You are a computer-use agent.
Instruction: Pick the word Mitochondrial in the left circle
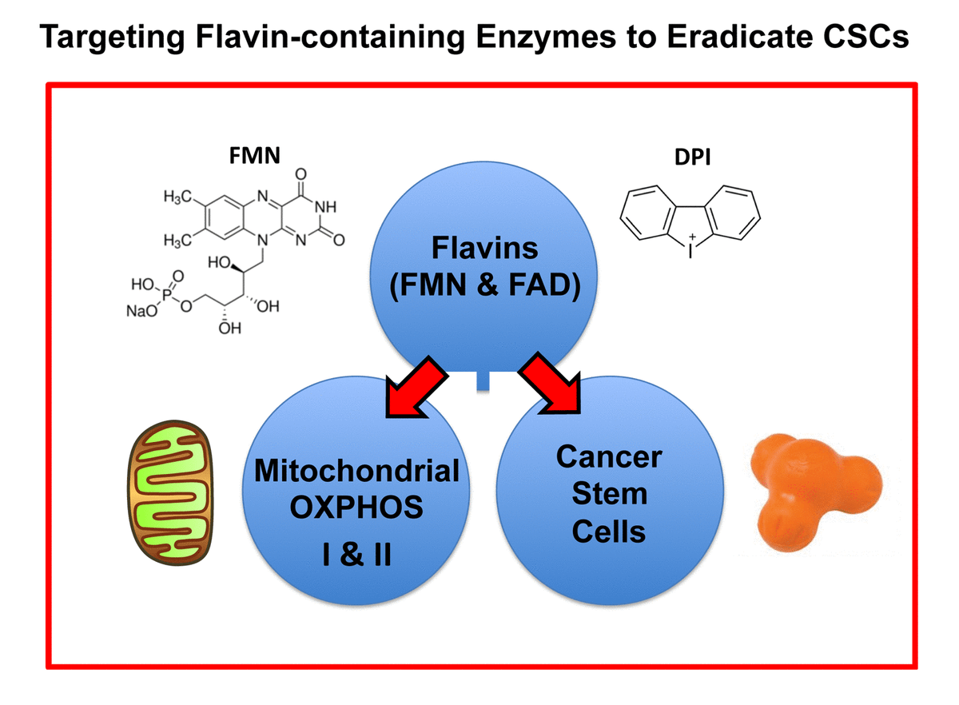[356, 471]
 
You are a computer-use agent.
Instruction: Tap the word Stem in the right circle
[609, 493]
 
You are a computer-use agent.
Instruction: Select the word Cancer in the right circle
[609, 457]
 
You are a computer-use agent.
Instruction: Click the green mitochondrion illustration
[169, 492]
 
